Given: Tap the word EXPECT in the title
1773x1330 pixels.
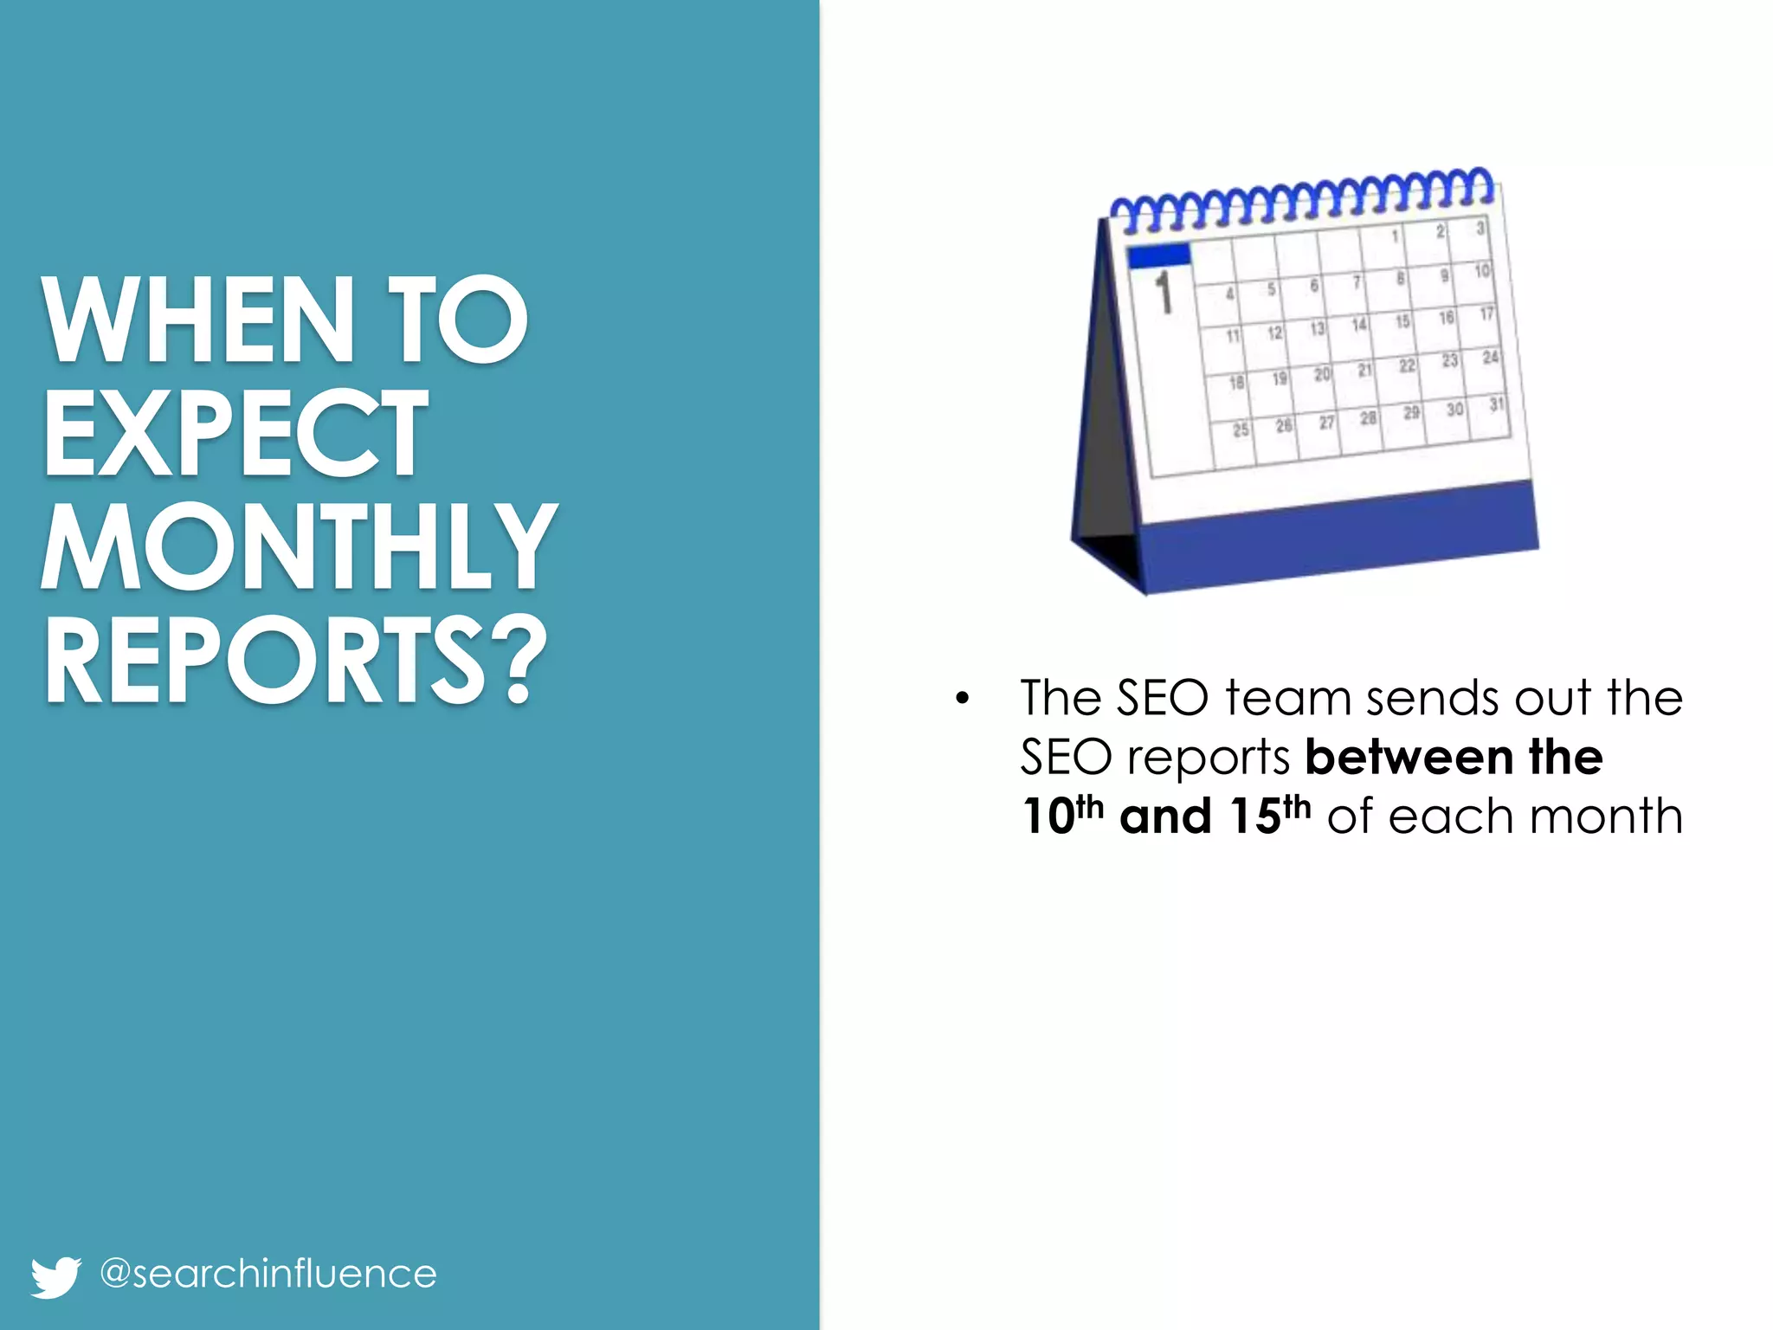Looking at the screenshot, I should click(x=235, y=432).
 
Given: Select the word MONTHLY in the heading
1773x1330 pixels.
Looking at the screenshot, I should click(x=299, y=546).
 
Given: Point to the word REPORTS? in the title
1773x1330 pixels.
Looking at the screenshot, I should click(x=295, y=660).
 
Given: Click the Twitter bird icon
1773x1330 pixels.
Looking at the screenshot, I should click(x=55, y=1276).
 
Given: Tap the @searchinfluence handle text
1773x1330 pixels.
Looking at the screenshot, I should click(x=268, y=1274).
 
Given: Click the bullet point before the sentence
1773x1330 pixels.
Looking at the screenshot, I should click(x=962, y=699).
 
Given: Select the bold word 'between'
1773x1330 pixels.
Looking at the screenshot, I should click(x=1409, y=758).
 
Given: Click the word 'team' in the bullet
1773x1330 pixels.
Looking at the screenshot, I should click(x=1287, y=698).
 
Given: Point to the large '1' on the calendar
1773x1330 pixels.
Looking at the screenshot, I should click(x=1164, y=292).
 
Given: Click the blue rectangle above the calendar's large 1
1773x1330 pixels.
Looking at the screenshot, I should click(x=1159, y=255).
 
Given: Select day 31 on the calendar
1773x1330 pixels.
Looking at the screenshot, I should click(x=1496, y=405).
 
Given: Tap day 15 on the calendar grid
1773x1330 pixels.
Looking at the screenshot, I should click(x=1402, y=321).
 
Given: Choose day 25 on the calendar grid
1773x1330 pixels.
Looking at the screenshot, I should click(x=1241, y=429).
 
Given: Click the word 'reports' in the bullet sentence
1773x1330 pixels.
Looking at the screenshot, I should click(x=1209, y=758).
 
